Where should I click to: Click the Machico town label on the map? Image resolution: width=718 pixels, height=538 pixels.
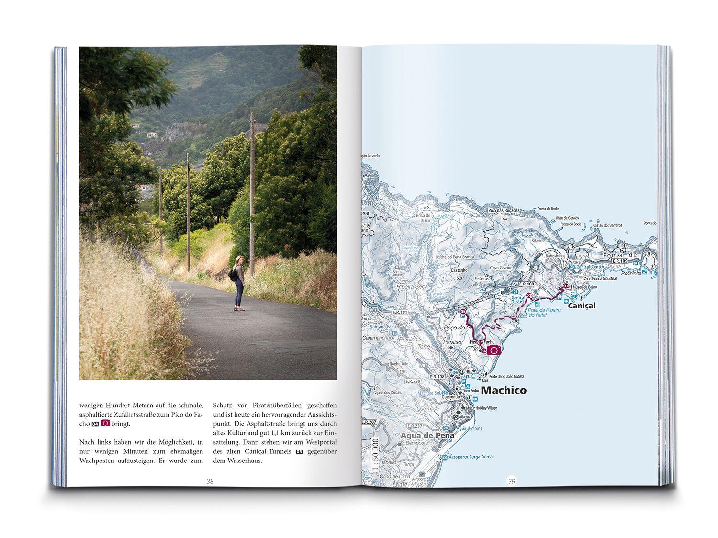click(503, 390)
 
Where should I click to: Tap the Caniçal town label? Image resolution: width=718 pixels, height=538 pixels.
click(581, 305)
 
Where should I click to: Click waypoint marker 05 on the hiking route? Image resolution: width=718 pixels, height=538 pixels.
click(463, 312)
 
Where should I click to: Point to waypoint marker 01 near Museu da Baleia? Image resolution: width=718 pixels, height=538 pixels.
click(565, 286)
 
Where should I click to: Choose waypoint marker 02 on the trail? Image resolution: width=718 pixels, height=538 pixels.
click(529, 296)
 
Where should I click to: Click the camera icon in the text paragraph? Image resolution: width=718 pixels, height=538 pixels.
click(106, 423)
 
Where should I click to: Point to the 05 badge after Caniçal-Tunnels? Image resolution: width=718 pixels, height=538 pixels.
click(300, 451)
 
